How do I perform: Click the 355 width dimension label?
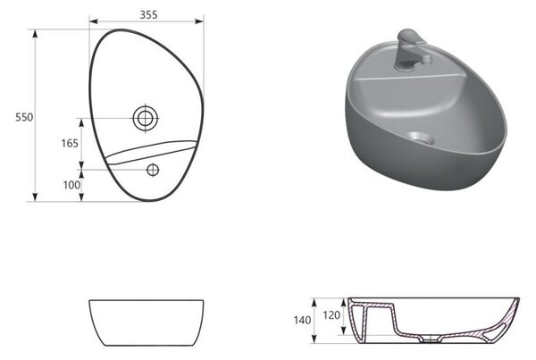tap(148, 14)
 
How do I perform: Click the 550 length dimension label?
tap(24, 117)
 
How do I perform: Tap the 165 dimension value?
tap(70, 143)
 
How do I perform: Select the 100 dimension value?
tap(71, 185)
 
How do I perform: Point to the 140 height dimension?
tap(302, 321)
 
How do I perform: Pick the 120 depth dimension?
tap(331, 314)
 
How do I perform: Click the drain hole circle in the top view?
tap(146, 118)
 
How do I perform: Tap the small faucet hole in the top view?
tap(153, 170)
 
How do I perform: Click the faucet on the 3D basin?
tap(410, 49)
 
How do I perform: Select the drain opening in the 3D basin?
tap(421, 138)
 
